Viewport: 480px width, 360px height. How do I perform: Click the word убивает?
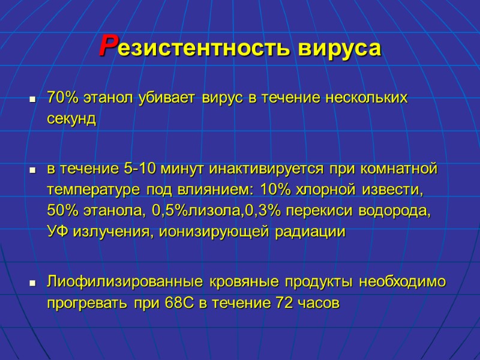click(x=169, y=98)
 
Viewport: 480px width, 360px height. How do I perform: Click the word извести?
click(x=393, y=191)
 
